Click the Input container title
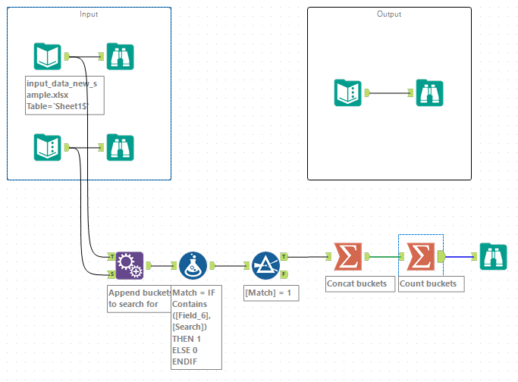point(89,14)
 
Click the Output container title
point(389,14)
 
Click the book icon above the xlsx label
point(47,56)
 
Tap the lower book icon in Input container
point(47,146)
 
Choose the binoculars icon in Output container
point(429,92)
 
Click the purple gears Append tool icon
point(129,265)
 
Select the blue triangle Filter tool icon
point(265,265)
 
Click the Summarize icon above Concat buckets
point(347,257)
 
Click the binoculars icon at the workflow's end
point(493,257)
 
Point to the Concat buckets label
point(356,283)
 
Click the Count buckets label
point(431,283)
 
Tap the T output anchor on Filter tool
point(284,256)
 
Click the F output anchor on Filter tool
point(284,274)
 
